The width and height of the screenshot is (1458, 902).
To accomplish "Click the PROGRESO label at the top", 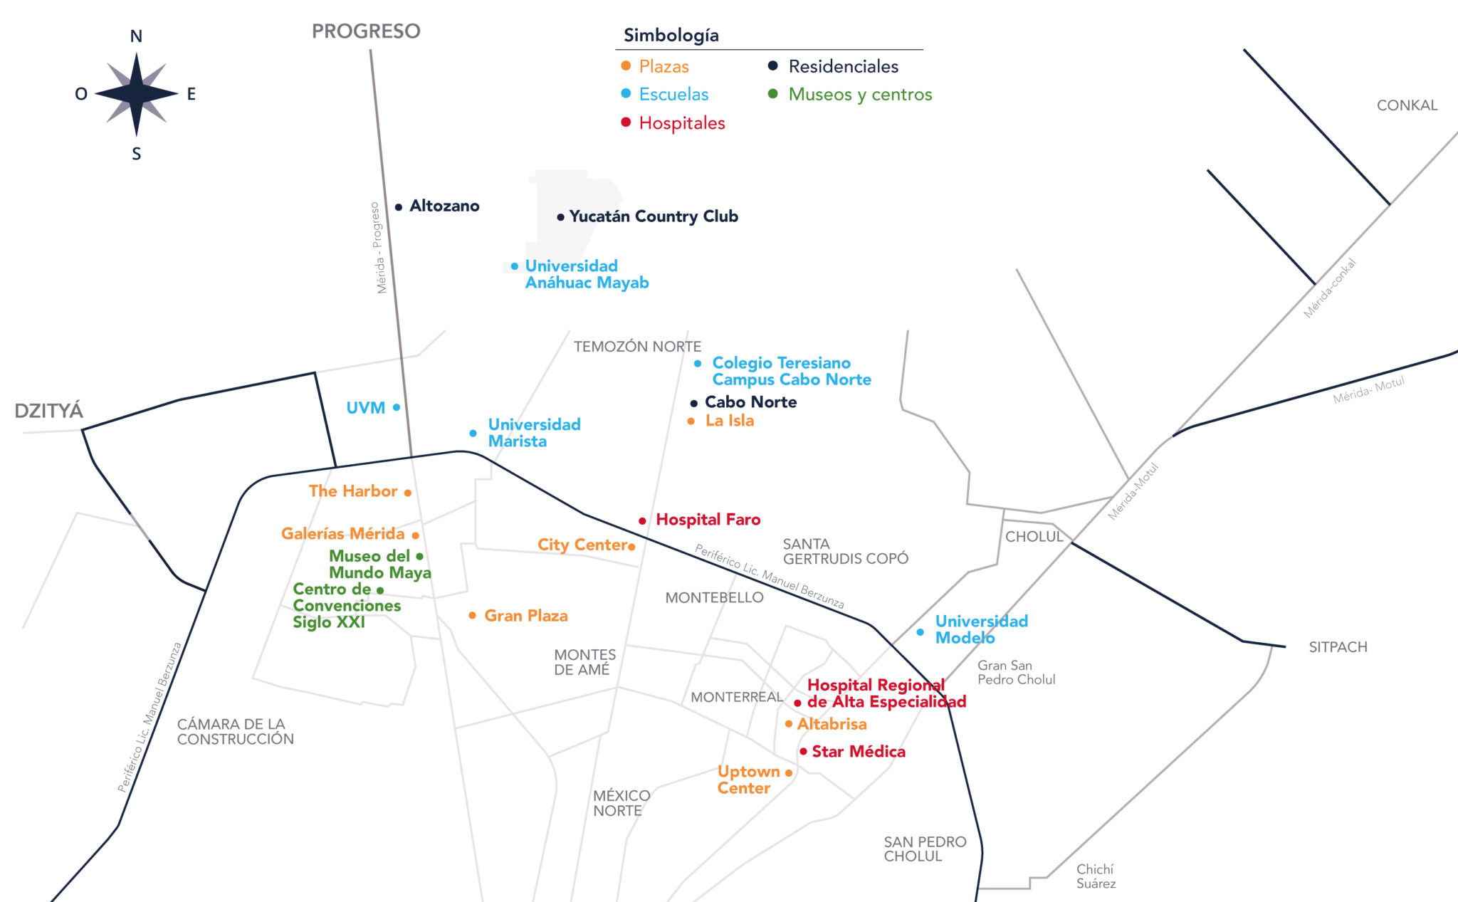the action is point(366,31).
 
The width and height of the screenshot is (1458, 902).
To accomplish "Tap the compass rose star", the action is point(136,93).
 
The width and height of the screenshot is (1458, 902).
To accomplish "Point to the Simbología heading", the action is point(671,35).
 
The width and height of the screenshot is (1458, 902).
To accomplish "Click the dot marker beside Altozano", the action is point(399,207).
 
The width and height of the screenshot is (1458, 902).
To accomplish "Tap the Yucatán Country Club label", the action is point(654,216).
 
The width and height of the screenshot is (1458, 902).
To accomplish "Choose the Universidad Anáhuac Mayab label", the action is point(587,274).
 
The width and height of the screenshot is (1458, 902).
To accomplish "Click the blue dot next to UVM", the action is point(397,407).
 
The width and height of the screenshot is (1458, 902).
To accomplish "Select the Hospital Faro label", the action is point(708,520).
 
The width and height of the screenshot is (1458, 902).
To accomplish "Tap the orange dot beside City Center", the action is point(631,547).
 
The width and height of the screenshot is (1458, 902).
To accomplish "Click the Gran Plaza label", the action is point(526,616).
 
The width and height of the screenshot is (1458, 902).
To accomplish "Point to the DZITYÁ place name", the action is point(49,411).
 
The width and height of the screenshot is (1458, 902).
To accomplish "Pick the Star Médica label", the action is point(859,752).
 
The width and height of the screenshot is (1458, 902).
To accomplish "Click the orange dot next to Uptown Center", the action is point(789,772).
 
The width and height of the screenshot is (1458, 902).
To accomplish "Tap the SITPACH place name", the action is point(1338,647).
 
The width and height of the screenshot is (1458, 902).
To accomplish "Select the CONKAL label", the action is point(1407,105).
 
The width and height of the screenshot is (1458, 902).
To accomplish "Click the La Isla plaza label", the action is point(730,421).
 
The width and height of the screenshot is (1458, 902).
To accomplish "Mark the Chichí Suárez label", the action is point(1096,876).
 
